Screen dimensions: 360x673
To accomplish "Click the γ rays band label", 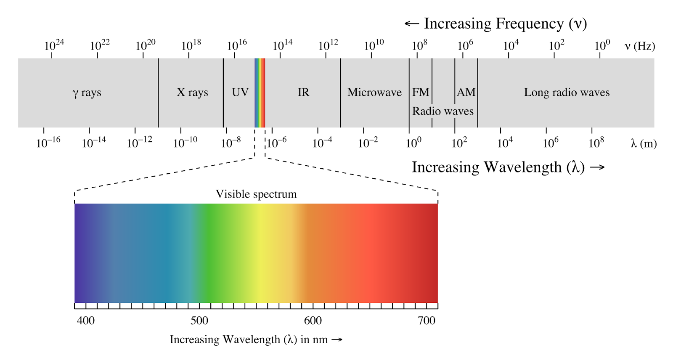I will point(87,93).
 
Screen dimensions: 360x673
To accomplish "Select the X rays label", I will point(192,93).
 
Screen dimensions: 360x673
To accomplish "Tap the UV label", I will point(240,92).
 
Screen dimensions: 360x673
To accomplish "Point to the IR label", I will point(303,92).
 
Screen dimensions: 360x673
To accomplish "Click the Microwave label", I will point(374,92).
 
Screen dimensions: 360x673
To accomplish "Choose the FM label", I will point(421,92).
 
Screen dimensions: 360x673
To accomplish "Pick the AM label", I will point(466,92).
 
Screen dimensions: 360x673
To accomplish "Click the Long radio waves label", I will point(567,92).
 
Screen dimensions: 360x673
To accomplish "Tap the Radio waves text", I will point(442,111).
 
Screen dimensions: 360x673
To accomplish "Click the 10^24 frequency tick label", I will point(54,45).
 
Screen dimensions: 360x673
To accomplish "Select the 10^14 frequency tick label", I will point(282,45).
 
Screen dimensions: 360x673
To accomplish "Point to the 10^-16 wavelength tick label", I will point(48,142).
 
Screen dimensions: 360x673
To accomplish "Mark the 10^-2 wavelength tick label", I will point(368,142).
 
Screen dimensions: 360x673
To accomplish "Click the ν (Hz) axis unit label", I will point(639,46).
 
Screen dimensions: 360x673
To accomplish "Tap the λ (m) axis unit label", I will point(644,143).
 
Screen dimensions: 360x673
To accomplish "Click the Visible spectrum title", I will point(256,194).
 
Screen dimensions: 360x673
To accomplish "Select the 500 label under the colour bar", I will point(199,320).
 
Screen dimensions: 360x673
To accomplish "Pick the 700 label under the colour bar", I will point(427,320).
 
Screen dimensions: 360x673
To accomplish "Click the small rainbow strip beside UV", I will point(260,93).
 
